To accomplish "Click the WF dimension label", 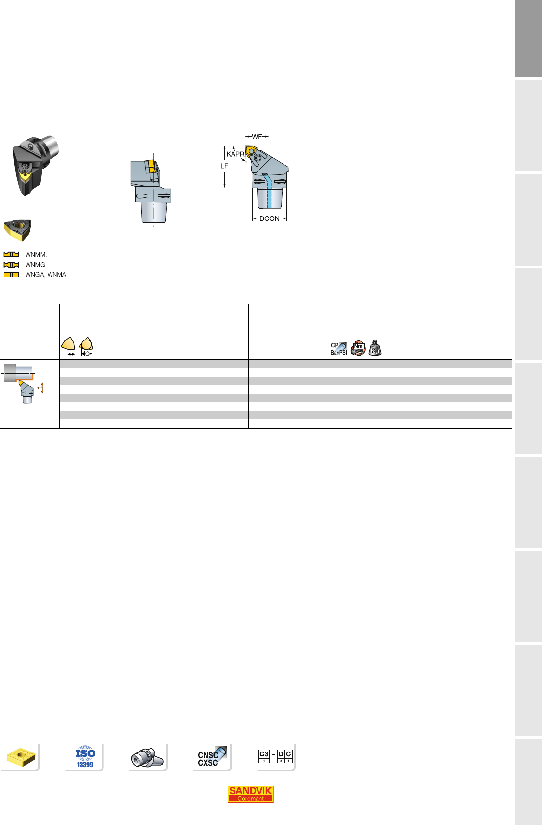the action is coord(257,137).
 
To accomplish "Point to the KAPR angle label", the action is coord(235,154).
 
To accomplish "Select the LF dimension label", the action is coord(224,166).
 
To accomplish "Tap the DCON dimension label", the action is coord(269,218).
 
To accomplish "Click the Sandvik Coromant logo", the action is coord(251,794).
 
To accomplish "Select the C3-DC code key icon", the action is coord(276,756).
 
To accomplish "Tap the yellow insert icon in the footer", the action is coord(21,757).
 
